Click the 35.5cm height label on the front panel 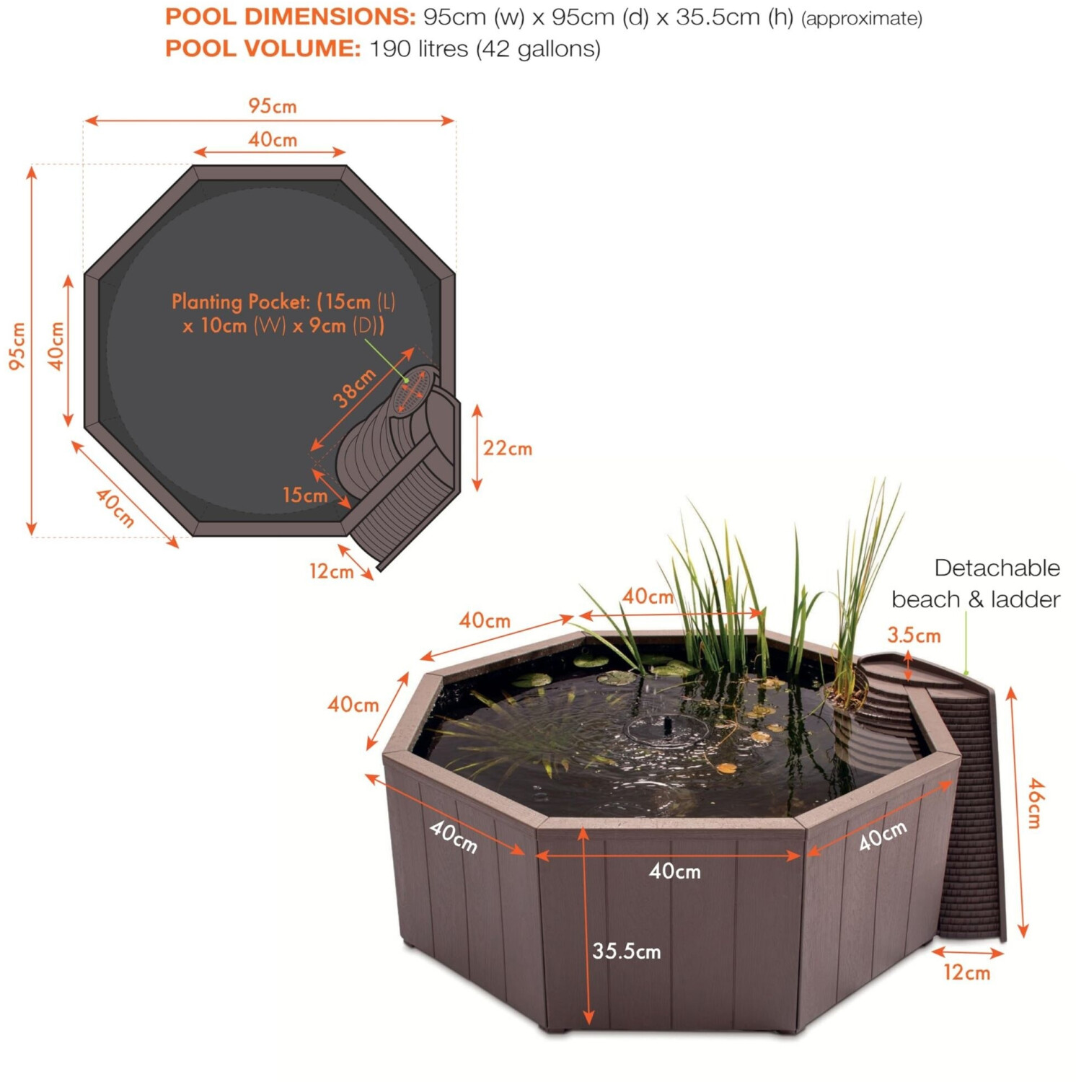[626, 951]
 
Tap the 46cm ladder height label [1035, 803]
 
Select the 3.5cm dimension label [914, 635]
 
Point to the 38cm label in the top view [355, 387]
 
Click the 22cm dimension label [508, 448]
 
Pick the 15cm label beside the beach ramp [305, 495]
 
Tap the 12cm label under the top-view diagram [331, 571]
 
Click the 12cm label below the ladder [966, 972]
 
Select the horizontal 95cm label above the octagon [272, 106]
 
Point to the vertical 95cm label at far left [17, 346]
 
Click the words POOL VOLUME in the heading [263, 48]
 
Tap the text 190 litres [419, 48]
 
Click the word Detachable [997, 568]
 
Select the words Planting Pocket [241, 302]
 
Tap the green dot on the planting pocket [407, 380]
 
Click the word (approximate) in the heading [862, 18]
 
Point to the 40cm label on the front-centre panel [674, 871]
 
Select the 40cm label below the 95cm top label [273, 139]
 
